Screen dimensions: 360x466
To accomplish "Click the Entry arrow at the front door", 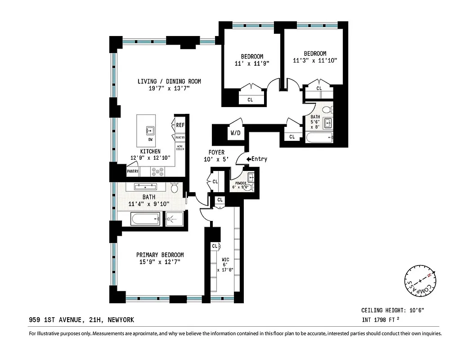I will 249,159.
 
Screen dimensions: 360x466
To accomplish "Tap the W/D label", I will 235,133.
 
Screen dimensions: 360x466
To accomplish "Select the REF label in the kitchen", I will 180,125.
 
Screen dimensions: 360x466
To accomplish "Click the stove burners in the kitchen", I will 158,171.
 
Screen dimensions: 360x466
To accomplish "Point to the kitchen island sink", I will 150,131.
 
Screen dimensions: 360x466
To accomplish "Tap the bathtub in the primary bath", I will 145,220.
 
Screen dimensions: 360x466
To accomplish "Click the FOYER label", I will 216,153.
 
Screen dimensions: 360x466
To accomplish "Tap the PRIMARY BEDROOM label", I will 160,255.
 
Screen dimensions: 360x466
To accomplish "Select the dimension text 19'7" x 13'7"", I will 169,89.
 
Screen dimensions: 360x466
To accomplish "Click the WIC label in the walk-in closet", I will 225,259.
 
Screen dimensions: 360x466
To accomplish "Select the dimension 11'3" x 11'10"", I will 315,60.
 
